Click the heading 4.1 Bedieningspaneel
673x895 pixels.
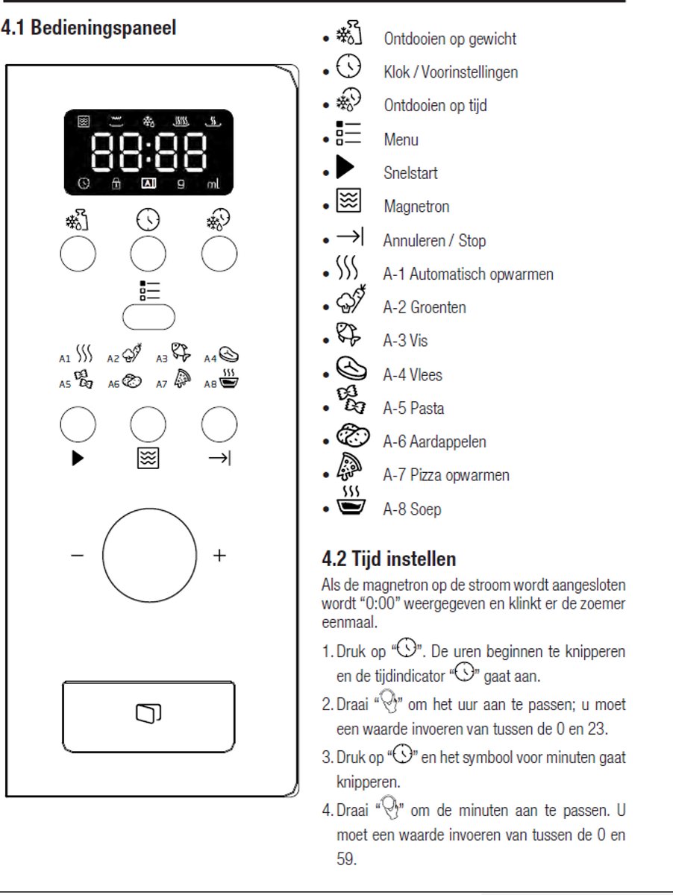coord(89,28)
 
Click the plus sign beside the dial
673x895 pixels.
coord(219,556)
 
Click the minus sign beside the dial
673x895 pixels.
coord(78,556)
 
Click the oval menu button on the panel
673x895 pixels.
coord(148,316)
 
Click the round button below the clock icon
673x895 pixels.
coord(148,255)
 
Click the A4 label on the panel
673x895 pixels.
coord(211,358)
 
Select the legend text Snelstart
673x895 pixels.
coord(410,173)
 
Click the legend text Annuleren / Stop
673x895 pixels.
coord(434,241)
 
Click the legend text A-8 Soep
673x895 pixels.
coord(412,509)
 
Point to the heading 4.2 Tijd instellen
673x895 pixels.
coord(389,558)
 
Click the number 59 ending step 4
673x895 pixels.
coord(346,859)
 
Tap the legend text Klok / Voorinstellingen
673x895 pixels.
coord(451,72)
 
